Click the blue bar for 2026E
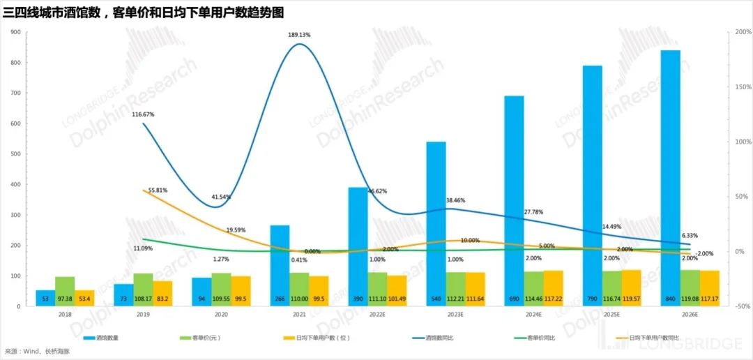pyautogui.click(x=670, y=178)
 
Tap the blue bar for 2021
pyautogui.click(x=280, y=265)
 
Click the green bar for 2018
pyautogui.click(x=65, y=291)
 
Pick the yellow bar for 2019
pyautogui.click(x=162, y=293)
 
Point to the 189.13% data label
pyautogui.click(x=299, y=34)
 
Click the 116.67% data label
pyautogui.click(x=143, y=114)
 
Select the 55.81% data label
pyautogui.click(x=155, y=190)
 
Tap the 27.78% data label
pyautogui.click(x=533, y=211)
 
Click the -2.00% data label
pyautogui.click(x=704, y=253)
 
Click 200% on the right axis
pyautogui.click(x=741, y=32)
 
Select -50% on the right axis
pyautogui.click(x=741, y=306)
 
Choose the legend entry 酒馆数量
pyautogui.click(x=107, y=338)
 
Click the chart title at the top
pyautogui.click(x=144, y=13)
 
